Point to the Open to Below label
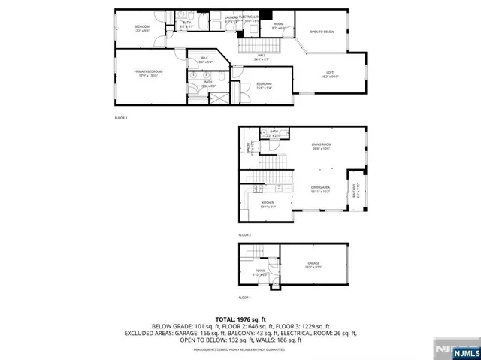(322, 32)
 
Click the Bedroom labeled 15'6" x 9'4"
(264, 84)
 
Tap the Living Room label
(322, 146)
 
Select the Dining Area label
(321, 189)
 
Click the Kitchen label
(268, 204)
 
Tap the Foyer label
(260, 272)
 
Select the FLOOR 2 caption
(245, 235)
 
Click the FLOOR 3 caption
(121, 118)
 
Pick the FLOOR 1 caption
(245, 298)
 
